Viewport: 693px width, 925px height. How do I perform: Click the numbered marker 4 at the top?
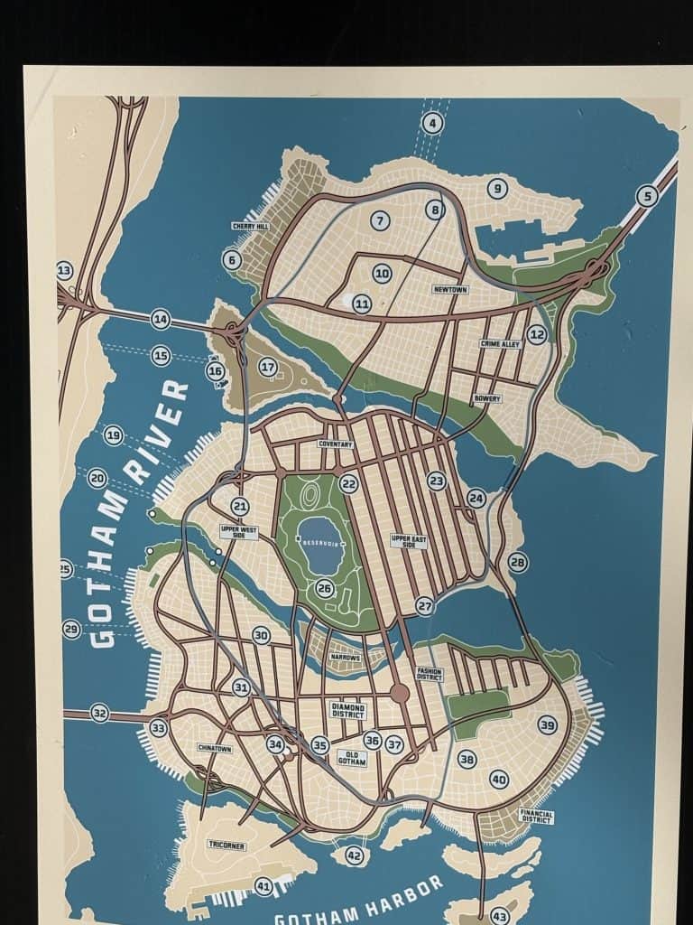tap(433, 123)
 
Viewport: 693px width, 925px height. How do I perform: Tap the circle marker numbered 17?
tap(267, 367)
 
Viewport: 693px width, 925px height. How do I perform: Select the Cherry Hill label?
tap(250, 227)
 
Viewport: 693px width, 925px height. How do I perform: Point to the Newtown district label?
tap(449, 290)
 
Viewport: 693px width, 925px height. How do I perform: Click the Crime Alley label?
tap(500, 344)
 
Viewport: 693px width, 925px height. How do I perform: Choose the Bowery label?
tap(486, 398)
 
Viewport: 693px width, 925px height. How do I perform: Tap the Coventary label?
tap(335, 444)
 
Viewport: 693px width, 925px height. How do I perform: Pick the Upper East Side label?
tap(409, 541)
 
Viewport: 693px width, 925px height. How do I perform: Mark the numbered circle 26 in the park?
tap(325, 589)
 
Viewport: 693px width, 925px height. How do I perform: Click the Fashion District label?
tap(429, 673)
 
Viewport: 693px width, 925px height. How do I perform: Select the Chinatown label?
tap(215, 748)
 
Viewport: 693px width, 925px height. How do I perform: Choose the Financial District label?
tap(536, 816)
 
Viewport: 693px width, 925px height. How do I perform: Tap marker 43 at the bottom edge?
tap(500, 916)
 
